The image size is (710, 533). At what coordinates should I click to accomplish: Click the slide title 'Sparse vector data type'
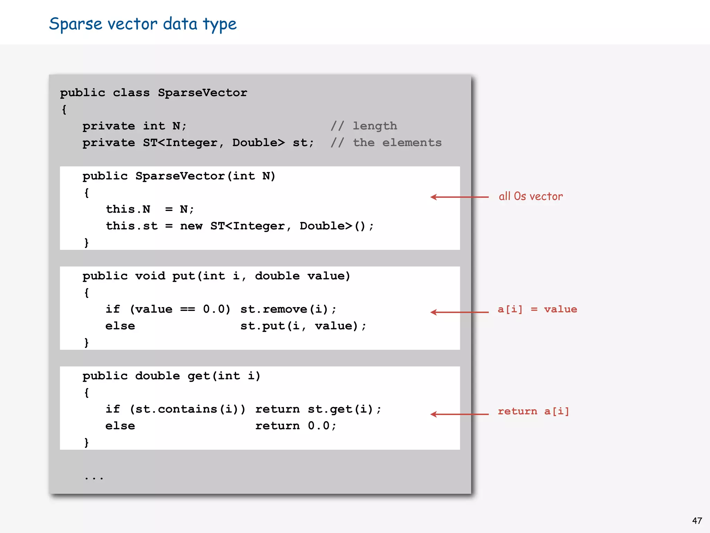pos(142,24)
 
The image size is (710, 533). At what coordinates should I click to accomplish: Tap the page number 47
pos(697,521)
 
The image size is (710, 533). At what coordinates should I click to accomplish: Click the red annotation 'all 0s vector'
pos(530,196)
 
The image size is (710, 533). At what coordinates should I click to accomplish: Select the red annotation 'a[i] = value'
pos(537,309)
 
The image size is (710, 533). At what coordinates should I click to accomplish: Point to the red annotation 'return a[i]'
pos(533,411)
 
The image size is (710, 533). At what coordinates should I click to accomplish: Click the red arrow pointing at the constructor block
pos(459,197)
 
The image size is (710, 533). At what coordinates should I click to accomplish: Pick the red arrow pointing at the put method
pos(459,312)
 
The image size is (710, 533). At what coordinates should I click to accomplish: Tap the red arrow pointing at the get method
pos(459,414)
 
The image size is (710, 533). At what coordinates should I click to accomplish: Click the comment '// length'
pos(364,126)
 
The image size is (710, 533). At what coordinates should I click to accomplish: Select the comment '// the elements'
pos(386,143)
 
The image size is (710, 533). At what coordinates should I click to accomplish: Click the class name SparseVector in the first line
pos(202,93)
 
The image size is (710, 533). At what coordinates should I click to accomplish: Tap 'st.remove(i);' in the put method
pos(288,309)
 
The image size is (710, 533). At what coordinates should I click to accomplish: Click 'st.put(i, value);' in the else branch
pos(303,326)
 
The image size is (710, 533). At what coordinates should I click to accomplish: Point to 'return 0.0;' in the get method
pos(296,426)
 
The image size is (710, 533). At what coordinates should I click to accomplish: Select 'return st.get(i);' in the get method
pos(318,409)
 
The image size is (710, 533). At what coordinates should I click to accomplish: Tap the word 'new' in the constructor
pos(191,226)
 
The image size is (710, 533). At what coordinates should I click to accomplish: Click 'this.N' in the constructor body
pos(128,209)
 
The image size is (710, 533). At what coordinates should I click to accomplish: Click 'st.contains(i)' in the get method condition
pos(187,409)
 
